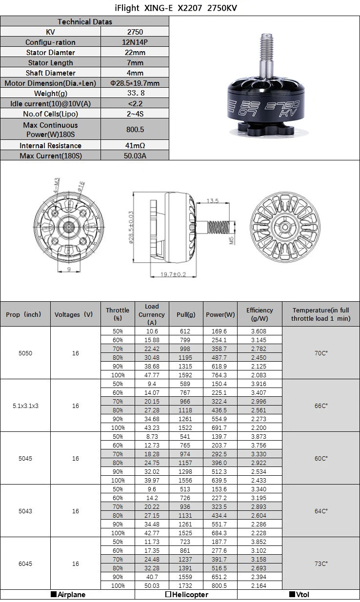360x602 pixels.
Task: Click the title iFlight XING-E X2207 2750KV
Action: pyautogui.click(x=180, y=8)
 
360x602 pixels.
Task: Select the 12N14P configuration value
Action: pyautogui.click(x=135, y=42)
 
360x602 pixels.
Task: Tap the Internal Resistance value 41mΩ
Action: pyautogui.click(x=135, y=146)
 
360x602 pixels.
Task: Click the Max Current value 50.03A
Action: pyautogui.click(x=135, y=156)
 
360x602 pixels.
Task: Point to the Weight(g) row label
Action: pyautogui.click(x=51, y=94)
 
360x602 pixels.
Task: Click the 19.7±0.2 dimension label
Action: pyautogui.click(x=173, y=275)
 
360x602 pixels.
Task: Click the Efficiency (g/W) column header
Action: pyautogui.click(x=259, y=314)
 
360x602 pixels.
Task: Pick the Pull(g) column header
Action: pyautogui.click(x=185, y=315)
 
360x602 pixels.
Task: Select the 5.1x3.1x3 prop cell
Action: pyautogui.click(x=25, y=406)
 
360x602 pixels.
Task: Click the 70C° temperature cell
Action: pyautogui.click(x=320, y=352)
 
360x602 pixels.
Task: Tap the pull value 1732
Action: pyautogui.click(x=185, y=585)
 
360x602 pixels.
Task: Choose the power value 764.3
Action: pyautogui.click(x=220, y=375)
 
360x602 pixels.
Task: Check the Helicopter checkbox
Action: pyautogui.click(x=168, y=595)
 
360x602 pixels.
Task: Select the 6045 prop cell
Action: pyautogui.click(x=25, y=563)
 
